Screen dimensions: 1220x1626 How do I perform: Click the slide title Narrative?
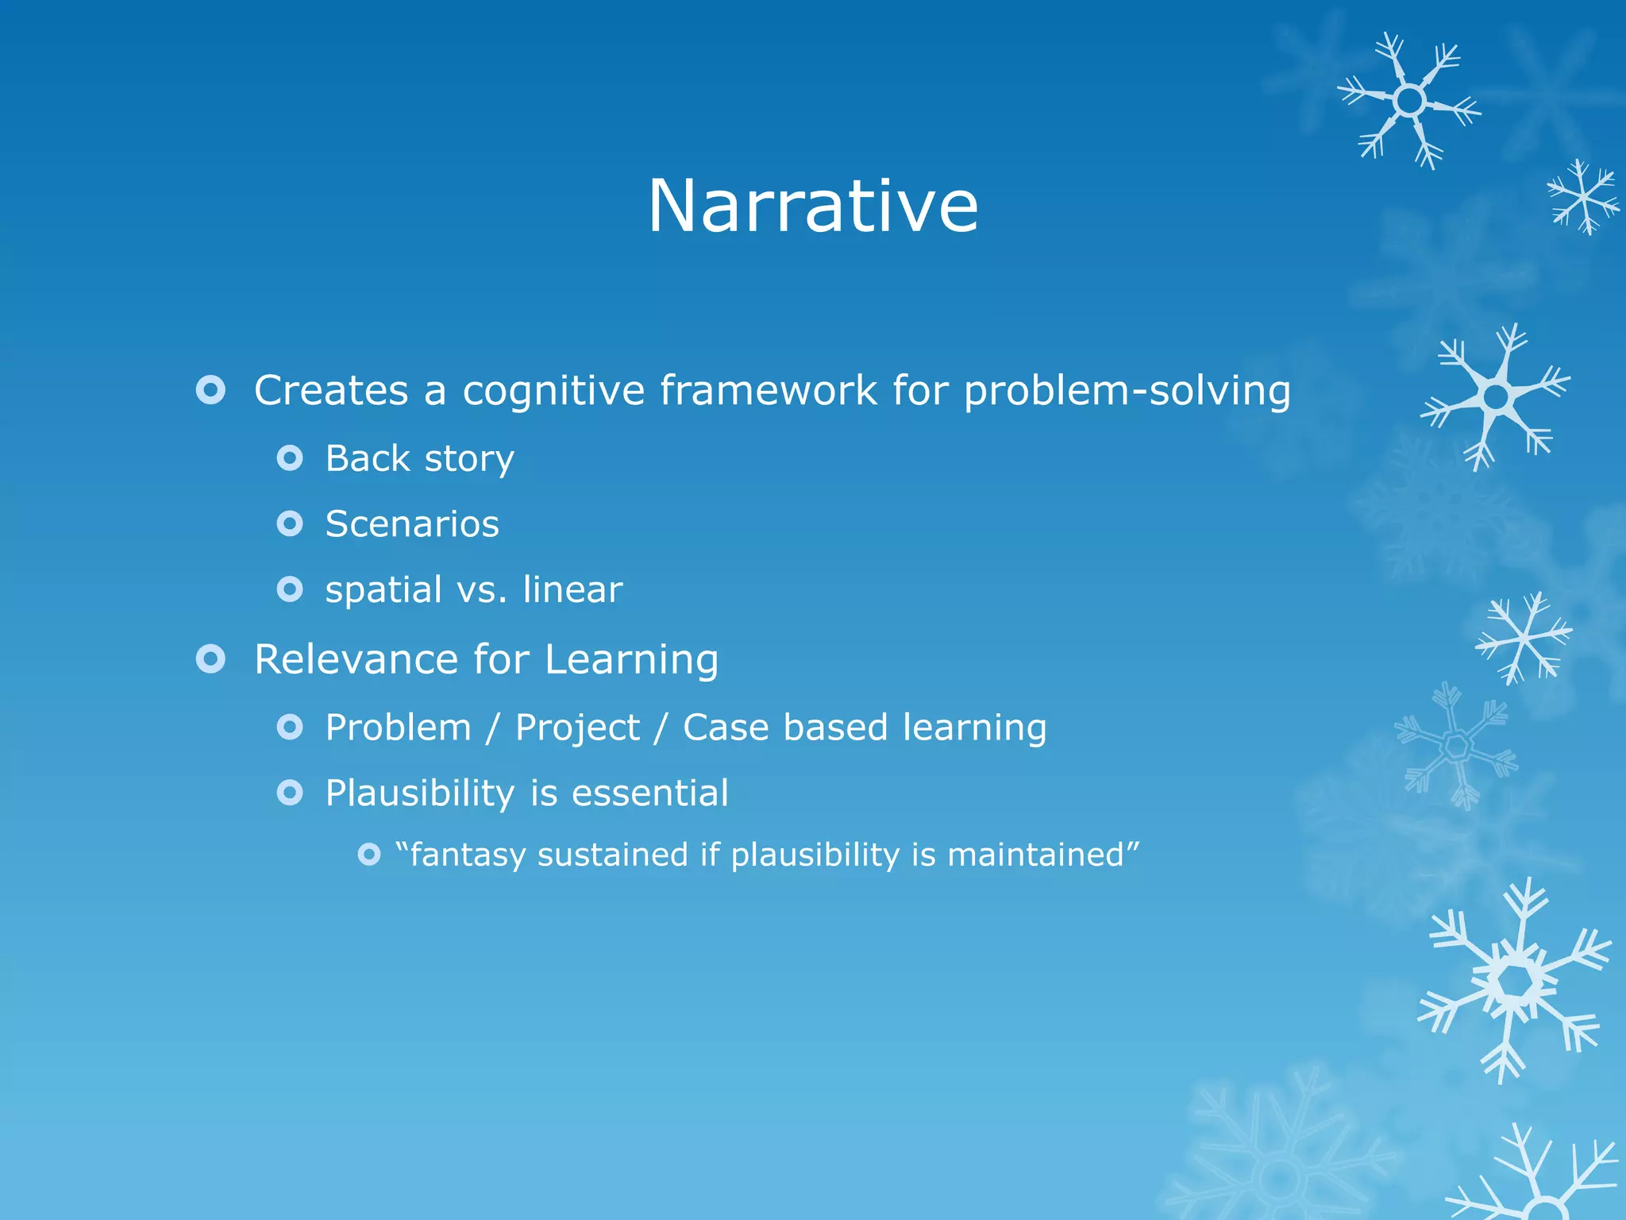tap(813, 206)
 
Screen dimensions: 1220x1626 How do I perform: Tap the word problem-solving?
tap(1127, 391)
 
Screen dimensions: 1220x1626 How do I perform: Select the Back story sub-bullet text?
tap(419, 459)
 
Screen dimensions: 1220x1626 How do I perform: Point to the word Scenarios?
tap(412, 524)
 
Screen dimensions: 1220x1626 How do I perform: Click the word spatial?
tap(383, 590)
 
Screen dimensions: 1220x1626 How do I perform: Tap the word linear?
tap(572, 589)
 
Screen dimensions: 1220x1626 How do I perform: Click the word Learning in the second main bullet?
tap(631, 661)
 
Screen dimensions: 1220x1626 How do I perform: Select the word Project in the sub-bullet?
tap(577, 728)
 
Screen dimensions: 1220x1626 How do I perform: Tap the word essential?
tap(649, 793)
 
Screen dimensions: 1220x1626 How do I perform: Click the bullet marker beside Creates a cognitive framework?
tap(210, 390)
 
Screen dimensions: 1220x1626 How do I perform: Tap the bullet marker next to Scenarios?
tap(290, 524)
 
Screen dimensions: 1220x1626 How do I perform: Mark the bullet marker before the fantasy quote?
tap(369, 855)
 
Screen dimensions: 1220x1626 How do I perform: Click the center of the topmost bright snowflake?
tap(1409, 101)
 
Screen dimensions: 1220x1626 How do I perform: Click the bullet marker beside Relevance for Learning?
tap(210, 659)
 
